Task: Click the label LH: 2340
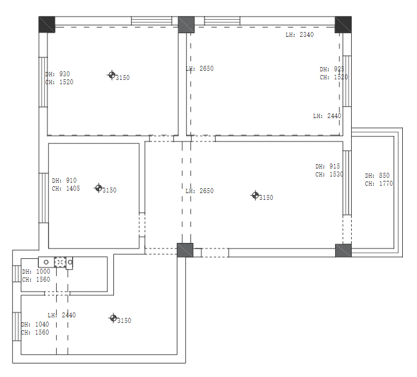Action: click(299, 35)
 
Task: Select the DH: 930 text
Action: click(57, 74)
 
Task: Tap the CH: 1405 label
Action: click(66, 188)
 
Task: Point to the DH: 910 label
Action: click(64, 181)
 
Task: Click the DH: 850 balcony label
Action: click(377, 175)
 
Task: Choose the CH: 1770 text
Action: click(379, 183)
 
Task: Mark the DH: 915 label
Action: click(328, 167)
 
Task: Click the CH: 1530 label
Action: click(330, 175)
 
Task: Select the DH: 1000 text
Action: click(36, 272)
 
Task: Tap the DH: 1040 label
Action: click(35, 325)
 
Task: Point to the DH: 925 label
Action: click(332, 69)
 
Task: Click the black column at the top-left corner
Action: click(47, 25)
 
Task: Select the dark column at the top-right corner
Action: click(343, 25)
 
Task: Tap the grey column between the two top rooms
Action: click(186, 25)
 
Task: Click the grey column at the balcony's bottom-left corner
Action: click(343, 251)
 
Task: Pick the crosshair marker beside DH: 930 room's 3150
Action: click(112, 75)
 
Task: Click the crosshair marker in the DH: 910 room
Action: click(99, 188)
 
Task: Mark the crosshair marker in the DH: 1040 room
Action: click(113, 318)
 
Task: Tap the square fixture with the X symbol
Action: click(60, 263)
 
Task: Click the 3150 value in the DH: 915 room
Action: click(266, 198)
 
